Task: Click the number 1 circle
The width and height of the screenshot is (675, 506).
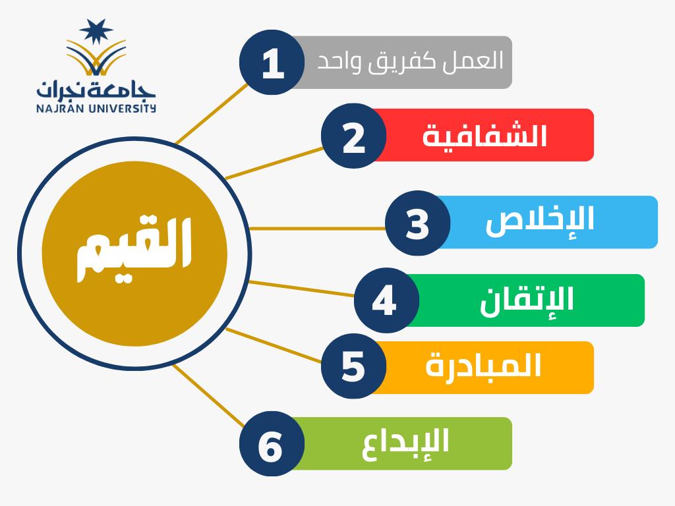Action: coord(272,63)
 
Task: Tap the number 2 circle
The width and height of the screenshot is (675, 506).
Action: coord(353,136)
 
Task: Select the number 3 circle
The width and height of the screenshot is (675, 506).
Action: coord(417,223)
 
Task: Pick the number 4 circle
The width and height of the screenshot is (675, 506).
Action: coord(386,300)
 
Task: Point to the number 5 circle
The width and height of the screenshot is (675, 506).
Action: coord(353,366)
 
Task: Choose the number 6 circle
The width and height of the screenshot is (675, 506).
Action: coord(272,443)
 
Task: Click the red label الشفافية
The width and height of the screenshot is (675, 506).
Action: coord(484,135)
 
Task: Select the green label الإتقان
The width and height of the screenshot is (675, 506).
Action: coord(527,300)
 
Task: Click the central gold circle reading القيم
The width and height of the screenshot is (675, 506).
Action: coord(134,254)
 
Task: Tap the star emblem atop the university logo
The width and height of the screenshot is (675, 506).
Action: coord(96,31)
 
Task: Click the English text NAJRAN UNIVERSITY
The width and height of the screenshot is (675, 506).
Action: coord(96,108)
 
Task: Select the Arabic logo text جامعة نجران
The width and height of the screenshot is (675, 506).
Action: coord(96,89)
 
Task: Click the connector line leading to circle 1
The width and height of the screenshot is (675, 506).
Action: coord(212,114)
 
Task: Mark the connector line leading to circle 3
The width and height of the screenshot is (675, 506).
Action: coord(317,229)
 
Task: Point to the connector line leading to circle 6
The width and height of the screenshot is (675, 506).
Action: coord(208,396)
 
